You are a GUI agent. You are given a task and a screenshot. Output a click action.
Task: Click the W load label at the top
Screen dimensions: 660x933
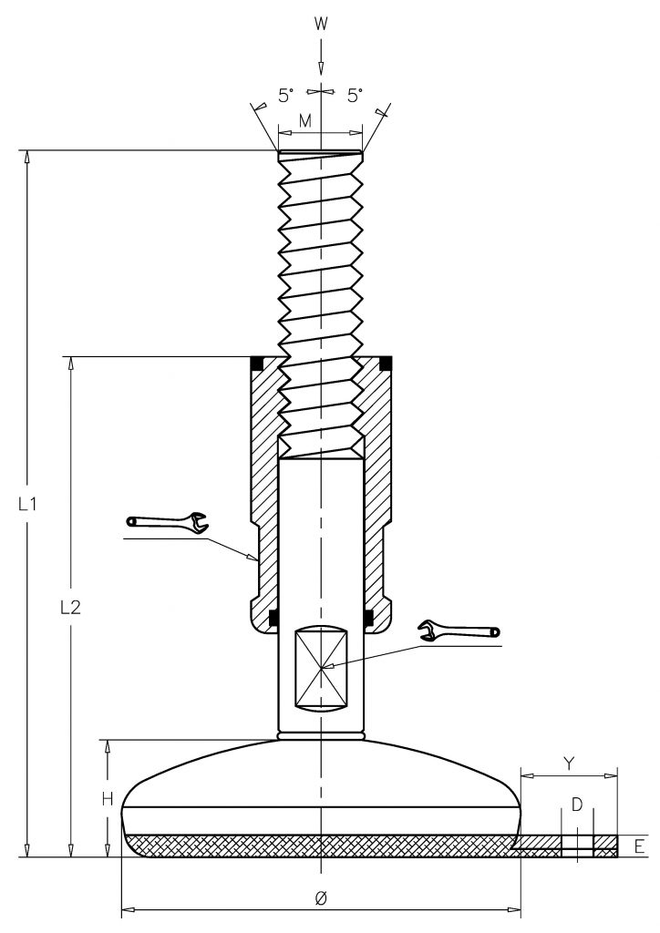(321, 24)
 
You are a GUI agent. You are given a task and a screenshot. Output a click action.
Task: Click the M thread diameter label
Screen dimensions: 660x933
(305, 121)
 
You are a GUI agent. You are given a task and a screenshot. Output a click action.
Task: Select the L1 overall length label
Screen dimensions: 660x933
(27, 505)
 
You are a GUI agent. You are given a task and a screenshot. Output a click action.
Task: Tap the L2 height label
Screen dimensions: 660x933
(70, 608)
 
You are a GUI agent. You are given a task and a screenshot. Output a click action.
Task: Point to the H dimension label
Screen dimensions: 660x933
(108, 800)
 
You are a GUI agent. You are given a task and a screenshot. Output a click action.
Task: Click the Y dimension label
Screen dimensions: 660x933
(569, 764)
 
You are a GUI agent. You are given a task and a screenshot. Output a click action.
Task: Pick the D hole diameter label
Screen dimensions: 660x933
(577, 805)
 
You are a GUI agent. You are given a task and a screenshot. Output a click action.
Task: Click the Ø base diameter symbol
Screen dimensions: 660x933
(320, 882)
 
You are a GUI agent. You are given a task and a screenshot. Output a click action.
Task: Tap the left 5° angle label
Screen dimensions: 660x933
(286, 95)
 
